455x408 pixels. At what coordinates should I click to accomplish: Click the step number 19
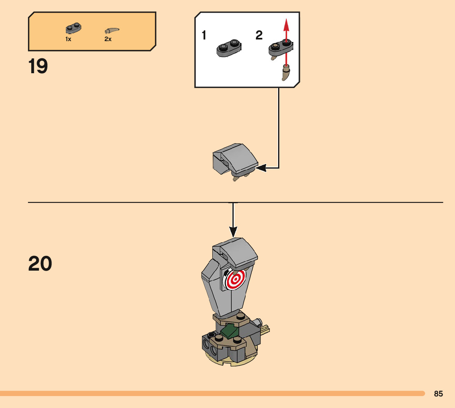tap(38, 66)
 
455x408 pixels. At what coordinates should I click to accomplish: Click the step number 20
tap(40, 264)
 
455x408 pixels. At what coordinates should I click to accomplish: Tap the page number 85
tap(438, 394)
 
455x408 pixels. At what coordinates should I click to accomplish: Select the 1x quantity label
tap(68, 39)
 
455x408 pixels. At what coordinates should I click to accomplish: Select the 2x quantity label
tap(108, 39)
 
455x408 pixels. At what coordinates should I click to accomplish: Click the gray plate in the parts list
tap(73, 28)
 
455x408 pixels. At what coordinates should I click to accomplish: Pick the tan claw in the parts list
tap(112, 30)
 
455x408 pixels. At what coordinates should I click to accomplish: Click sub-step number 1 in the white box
tap(204, 35)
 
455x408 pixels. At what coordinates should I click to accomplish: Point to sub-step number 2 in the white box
tap(259, 35)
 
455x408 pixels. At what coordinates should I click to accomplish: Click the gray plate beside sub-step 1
tap(229, 48)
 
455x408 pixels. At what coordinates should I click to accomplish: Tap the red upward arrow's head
tap(286, 25)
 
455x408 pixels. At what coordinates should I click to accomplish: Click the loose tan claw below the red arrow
tap(286, 72)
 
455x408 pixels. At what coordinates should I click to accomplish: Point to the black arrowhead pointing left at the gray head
tap(260, 168)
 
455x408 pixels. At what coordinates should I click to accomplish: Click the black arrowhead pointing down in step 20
tap(233, 232)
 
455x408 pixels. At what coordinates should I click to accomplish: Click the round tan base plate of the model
tap(231, 359)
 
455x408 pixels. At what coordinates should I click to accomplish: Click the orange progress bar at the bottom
tap(212, 394)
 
